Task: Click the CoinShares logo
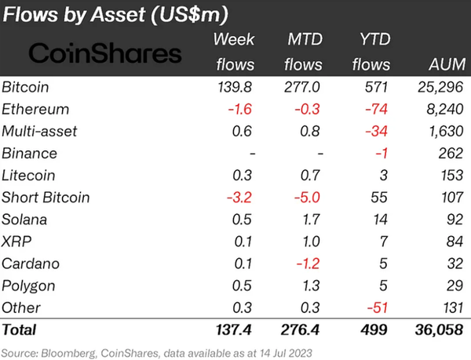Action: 104,53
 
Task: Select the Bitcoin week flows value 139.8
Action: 228,87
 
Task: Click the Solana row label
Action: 27,220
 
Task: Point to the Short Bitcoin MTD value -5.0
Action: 298,198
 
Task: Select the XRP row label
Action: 18,242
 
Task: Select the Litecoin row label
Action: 29,176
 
